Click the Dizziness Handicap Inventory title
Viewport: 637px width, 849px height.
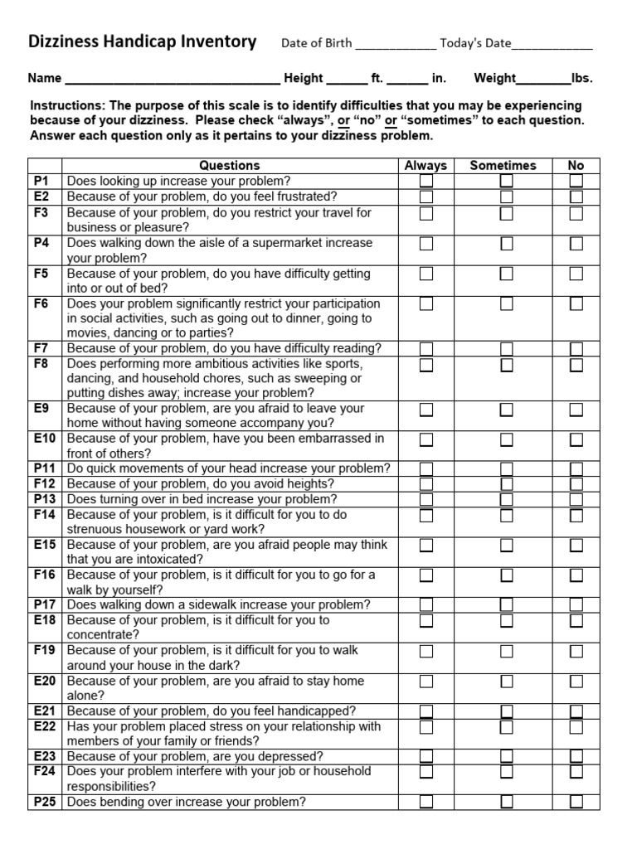[143, 42]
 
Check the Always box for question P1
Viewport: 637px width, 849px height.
[426, 181]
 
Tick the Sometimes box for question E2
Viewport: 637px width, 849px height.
[506, 196]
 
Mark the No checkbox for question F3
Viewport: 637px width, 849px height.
[576, 213]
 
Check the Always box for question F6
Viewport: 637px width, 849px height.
[426, 304]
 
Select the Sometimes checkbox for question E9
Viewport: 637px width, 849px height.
[506, 410]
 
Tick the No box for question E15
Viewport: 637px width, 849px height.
[576, 546]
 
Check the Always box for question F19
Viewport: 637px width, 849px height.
[426, 651]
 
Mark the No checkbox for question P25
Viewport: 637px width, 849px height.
[576, 802]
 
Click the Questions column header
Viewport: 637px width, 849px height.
[230, 166]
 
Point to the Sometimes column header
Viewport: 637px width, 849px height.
[503, 166]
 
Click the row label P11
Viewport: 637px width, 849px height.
[45, 468]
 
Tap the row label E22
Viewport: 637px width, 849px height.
[45, 726]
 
